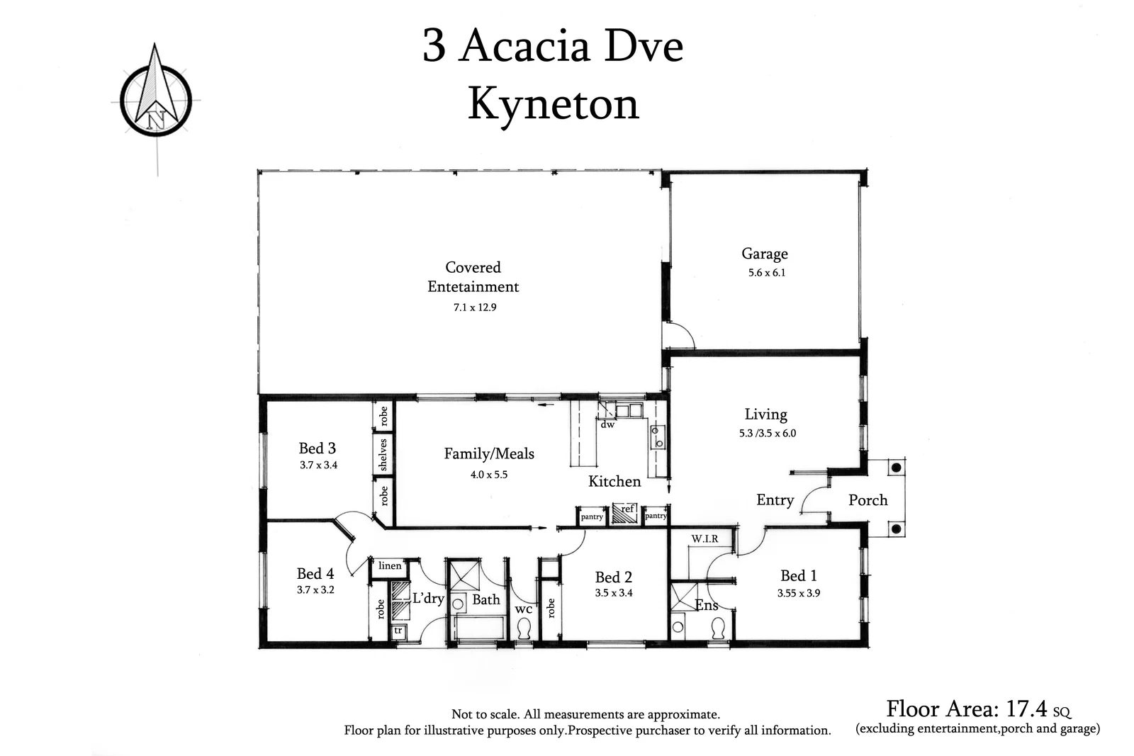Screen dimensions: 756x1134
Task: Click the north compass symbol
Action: coord(155,97)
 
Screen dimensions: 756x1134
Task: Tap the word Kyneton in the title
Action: coord(553,105)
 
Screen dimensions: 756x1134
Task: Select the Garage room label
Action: coord(764,254)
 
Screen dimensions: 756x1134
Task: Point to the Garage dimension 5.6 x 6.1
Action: coord(766,273)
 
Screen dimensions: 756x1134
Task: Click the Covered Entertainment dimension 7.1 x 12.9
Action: coord(474,308)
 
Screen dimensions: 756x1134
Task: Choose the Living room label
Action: coord(765,414)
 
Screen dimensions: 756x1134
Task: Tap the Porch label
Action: coord(868,500)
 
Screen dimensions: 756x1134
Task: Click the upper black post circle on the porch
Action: coord(896,468)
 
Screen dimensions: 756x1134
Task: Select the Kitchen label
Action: coord(614,482)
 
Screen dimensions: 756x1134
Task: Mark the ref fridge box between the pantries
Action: coord(626,513)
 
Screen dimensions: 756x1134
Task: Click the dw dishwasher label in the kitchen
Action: coord(607,425)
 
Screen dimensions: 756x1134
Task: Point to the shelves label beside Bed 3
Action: coord(383,454)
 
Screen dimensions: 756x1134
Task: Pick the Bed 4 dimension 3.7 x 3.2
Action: coord(315,589)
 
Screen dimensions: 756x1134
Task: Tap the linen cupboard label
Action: coord(390,565)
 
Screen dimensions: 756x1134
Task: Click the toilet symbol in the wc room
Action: coord(524,628)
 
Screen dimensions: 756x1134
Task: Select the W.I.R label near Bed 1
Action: coord(704,539)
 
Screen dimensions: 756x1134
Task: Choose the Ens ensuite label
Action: coord(706,605)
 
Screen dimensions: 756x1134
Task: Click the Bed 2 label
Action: coord(613,577)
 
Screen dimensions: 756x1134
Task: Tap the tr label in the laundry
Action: coord(398,630)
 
